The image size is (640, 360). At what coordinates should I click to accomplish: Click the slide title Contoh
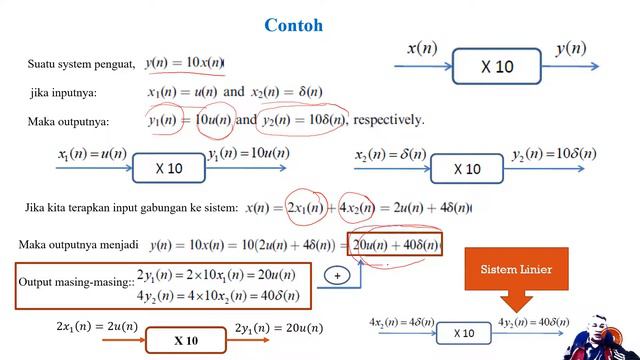coord(293,25)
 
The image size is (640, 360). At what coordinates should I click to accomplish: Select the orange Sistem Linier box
coord(510,271)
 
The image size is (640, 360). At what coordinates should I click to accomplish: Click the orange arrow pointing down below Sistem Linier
coord(510,301)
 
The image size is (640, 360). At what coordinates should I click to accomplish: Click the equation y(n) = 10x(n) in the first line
coord(184,64)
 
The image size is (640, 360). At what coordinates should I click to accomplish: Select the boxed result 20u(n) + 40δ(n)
coord(394,245)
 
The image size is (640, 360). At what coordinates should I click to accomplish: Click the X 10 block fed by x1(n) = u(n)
coord(168,168)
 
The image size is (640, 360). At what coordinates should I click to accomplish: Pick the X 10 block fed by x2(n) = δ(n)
coord(466,168)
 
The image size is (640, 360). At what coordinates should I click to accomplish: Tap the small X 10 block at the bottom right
coord(463,333)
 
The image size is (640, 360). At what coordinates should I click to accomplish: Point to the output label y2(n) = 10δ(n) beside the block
coord(553,154)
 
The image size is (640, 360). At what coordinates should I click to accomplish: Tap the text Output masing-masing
coord(75,283)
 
